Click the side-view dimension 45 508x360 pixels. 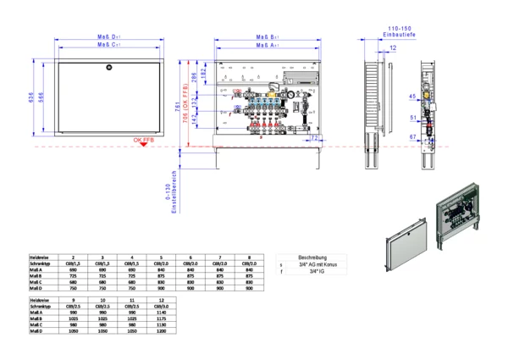point(412,97)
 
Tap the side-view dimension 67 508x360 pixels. point(412,136)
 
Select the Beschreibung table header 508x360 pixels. point(312,258)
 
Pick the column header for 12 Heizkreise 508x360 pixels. point(160,300)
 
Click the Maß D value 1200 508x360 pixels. point(160,330)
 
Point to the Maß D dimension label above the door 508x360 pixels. point(108,37)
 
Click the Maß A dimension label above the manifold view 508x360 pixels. point(268,45)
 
